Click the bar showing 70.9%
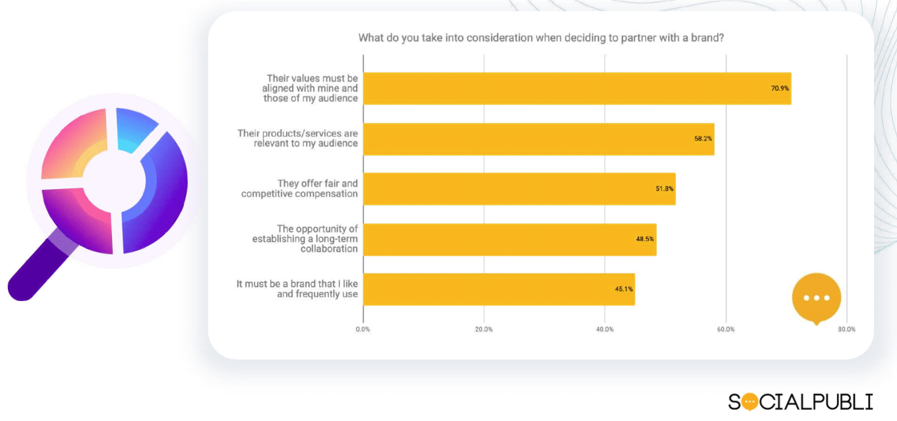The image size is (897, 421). click(x=577, y=88)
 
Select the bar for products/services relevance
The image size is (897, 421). click(x=538, y=139)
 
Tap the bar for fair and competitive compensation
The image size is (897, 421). click(x=519, y=189)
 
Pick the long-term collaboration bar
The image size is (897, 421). click(x=509, y=239)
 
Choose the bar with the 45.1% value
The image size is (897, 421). click(x=498, y=289)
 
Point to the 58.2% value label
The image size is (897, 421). click(x=703, y=139)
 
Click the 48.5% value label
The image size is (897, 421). click(x=645, y=239)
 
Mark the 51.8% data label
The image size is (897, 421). click(x=664, y=189)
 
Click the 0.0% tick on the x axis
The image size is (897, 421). click(x=362, y=329)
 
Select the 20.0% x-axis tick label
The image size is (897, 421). click(x=484, y=329)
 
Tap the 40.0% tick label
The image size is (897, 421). click(x=605, y=329)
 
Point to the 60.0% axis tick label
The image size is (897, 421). click(x=726, y=329)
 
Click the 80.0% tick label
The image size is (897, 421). click(x=847, y=329)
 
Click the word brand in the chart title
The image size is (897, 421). click(x=709, y=38)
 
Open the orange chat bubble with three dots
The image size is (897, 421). click(x=817, y=298)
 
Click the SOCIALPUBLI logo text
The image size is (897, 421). click(x=800, y=401)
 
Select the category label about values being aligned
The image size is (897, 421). click(x=312, y=88)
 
